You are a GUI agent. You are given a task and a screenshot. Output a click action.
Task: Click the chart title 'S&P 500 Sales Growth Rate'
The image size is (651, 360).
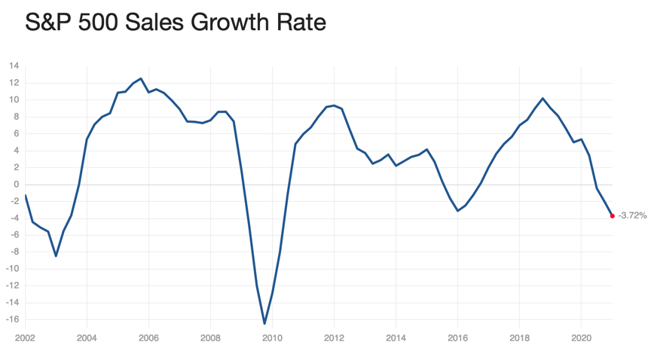[x=176, y=22]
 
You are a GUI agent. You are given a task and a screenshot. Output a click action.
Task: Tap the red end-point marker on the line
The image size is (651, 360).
[x=612, y=216]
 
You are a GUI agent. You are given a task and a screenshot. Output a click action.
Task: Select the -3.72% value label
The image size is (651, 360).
[x=633, y=216]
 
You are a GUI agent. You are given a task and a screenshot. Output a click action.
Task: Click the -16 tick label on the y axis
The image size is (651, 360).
[x=12, y=319]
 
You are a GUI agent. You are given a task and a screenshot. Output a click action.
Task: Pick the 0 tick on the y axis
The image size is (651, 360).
[x=16, y=185]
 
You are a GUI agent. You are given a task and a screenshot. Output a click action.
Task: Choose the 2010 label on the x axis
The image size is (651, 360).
[x=272, y=338]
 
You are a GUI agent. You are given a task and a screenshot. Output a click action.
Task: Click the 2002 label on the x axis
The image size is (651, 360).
[x=25, y=338]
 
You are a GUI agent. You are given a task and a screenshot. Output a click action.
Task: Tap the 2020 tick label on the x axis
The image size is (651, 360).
[x=581, y=338]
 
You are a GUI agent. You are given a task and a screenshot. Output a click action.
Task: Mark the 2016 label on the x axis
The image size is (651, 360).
[x=457, y=338]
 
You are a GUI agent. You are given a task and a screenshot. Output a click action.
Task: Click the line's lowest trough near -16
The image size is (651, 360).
[x=264, y=324]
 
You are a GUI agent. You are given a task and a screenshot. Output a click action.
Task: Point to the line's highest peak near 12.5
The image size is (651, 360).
[x=141, y=78]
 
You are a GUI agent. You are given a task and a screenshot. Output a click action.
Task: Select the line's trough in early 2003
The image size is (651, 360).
[x=56, y=256]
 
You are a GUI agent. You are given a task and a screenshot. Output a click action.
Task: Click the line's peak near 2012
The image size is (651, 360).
[x=334, y=105]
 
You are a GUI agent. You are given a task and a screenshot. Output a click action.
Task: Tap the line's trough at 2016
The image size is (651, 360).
[x=457, y=211]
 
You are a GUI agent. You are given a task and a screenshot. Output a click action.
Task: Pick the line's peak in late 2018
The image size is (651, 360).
[x=542, y=99]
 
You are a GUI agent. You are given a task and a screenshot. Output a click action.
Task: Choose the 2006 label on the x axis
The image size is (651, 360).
[x=148, y=338]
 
